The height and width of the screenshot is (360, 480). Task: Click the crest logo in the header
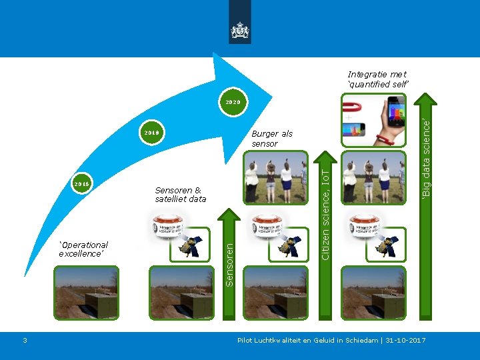[x=239, y=30]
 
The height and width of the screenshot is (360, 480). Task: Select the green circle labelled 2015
[x=81, y=183]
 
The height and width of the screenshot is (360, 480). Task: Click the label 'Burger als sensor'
[x=271, y=139]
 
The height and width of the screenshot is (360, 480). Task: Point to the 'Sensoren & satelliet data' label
[x=180, y=194]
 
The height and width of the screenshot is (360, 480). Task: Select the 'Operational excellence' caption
[x=83, y=249]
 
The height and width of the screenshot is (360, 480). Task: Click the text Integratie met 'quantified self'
[x=377, y=79]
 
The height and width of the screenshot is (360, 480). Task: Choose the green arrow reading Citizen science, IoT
[x=325, y=207]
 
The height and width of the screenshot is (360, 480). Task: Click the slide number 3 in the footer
[x=25, y=341]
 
